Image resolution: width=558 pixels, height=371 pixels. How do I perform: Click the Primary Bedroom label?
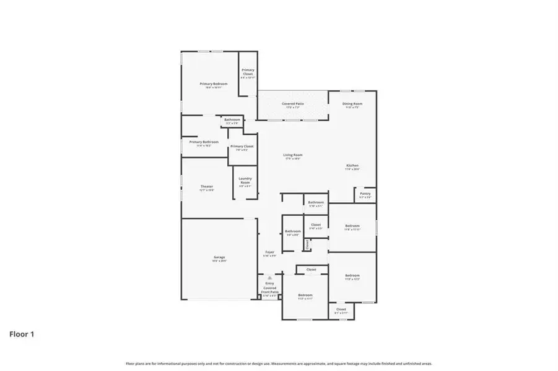[x=213, y=85]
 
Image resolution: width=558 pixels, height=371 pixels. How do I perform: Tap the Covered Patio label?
[x=292, y=105]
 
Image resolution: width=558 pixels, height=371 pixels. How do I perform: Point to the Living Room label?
[x=293, y=156]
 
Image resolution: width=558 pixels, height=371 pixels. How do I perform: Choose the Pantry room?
[x=365, y=195]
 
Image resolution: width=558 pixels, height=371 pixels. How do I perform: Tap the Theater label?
[x=206, y=188]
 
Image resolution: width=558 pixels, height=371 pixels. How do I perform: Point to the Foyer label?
[x=269, y=254]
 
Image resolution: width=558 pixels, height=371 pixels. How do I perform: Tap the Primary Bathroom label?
[x=204, y=143]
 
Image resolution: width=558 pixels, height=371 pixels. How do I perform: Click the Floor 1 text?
[x=22, y=335]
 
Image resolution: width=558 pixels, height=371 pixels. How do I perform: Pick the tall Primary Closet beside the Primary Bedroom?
[x=248, y=74]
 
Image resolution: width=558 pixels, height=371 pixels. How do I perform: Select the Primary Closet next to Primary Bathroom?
[x=242, y=148]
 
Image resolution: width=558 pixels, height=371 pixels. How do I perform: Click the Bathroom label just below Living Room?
[x=316, y=203]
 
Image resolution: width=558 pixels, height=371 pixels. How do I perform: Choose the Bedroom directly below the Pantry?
[x=352, y=227]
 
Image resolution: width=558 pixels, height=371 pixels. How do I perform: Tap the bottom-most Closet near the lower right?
[x=341, y=310]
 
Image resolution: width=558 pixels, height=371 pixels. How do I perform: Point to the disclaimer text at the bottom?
[x=279, y=364]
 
